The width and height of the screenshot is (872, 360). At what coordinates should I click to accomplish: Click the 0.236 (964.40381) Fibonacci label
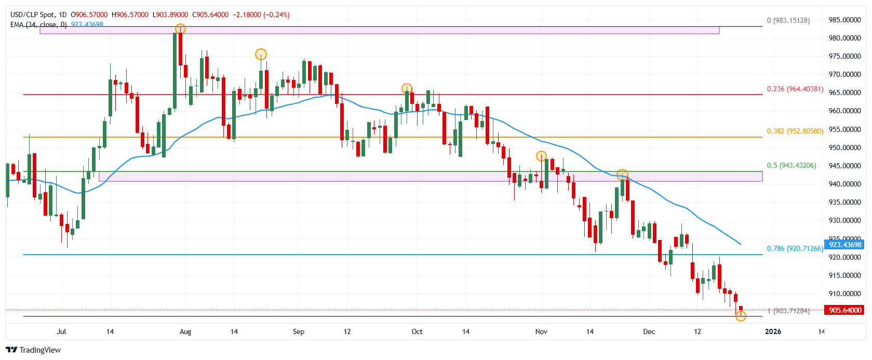[x=795, y=89]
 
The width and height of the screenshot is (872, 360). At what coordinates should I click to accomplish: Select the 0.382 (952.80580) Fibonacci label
[x=795, y=131]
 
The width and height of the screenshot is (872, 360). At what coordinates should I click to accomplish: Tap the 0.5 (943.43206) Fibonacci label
[x=791, y=165]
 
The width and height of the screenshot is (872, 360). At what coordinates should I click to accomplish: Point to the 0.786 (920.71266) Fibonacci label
[x=795, y=248]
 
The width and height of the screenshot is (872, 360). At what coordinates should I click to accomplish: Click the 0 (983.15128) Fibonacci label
[x=788, y=20]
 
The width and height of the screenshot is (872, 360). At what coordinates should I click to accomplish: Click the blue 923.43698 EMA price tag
[x=844, y=245]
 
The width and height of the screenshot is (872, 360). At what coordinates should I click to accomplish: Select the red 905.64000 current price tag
[x=844, y=310]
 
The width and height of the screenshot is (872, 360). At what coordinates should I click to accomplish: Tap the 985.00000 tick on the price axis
[x=844, y=20]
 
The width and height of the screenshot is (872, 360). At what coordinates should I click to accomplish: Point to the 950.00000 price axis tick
[x=844, y=148]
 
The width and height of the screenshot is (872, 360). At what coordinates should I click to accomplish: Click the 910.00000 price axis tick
[x=844, y=294]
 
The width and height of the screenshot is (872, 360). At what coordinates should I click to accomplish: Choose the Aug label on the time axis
[x=185, y=331]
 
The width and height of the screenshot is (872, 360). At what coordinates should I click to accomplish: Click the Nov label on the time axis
[x=541, y=331]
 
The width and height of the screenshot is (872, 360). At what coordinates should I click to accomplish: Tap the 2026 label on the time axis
[x=773, y=331]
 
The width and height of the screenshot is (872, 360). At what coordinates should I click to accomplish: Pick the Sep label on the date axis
[x=298, y=331]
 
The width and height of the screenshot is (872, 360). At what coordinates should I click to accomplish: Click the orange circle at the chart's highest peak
[x=180, y=29]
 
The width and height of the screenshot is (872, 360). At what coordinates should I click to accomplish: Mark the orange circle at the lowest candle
[x=741, y=315]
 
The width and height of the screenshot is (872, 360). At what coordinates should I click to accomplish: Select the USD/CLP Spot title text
[x=32, y=15]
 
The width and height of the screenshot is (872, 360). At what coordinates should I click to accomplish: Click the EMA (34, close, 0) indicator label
[x=38, y=24]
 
